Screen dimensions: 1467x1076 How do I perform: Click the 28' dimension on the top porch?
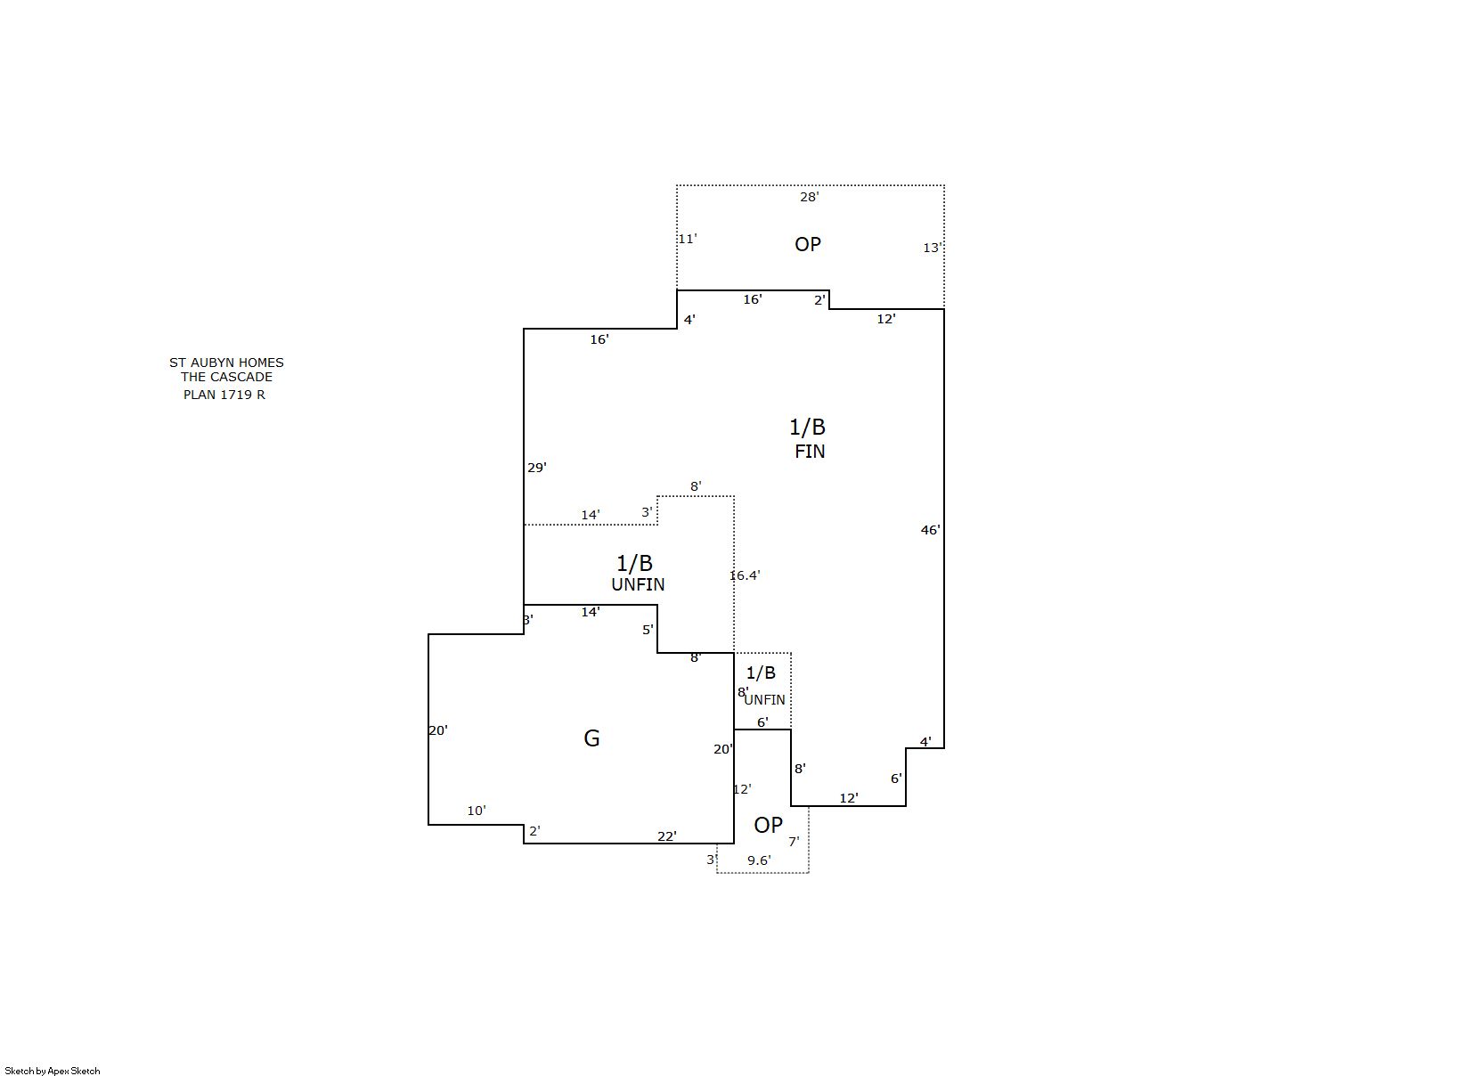pyautogui.click(x=809, y=197)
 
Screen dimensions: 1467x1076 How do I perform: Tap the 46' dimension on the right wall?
pyautogui.click(x=930, y=530)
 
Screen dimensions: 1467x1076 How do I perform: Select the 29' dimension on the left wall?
pyautogui.click(x=537, y=468)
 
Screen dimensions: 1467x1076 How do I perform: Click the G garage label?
pyautogui.click(x=591, y=738)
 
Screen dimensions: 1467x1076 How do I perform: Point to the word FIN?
pyautogui.click(x=810, y=452)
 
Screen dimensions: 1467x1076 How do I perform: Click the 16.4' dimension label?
pyautogui.click(x=745, y=575)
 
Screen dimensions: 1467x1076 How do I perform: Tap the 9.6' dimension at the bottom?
pyautogui.click(x=759, y=860)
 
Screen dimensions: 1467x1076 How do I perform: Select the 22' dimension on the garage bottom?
pyautogui.click(x=667, y=836)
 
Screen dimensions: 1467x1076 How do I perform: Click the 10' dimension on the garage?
pyautogui.click(x=477, y=811)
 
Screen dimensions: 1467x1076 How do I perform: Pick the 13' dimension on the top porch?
pyautogui.click(x=932, y=248)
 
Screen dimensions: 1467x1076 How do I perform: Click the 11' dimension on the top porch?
pyautogui.click(x=687, y=239)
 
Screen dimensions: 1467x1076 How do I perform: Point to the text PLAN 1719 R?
pyautogui.click(x=224, y=395)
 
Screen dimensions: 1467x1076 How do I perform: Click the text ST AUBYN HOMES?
pyautogui.click(x=226, y=363)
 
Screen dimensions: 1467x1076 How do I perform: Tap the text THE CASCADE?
pyautogui.click(x=226, y=377)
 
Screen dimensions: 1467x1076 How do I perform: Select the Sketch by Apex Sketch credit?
pyautogui.click(x=53, y=1071)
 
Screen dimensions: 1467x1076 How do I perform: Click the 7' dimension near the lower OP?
pyautogui.click(x=794, y=842)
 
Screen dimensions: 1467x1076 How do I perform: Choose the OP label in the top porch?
pyautogui.click(x=808, y=244)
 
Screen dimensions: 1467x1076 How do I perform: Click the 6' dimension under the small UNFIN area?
pyautogui.click(x=762, y=722)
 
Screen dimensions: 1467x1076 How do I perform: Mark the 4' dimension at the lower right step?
pyautogui.click(x=925, y=742)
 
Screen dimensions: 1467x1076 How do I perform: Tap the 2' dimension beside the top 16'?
pyautogui.click(x=819, y=300)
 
